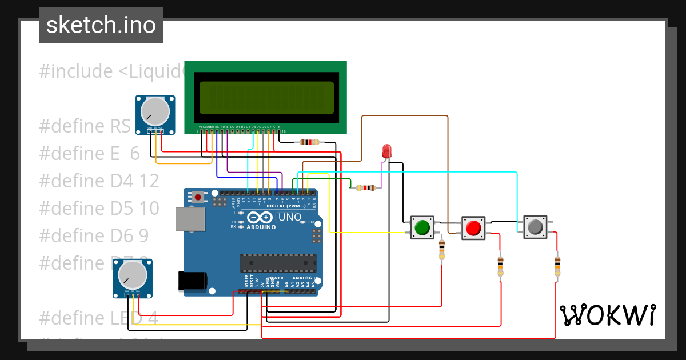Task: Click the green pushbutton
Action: click(x=422, y=227)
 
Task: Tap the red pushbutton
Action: click(x=473, y=228)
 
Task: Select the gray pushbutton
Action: click(x=535, y=227)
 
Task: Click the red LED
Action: click(x=386, y=151)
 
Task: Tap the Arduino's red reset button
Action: click(x=198, y=197)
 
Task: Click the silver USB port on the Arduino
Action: click(x=190, y=219)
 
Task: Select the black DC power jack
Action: click(x=193, y=281)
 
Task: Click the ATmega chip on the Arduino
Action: click(x=278, y=262)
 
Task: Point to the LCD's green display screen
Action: click(x=266, y=96)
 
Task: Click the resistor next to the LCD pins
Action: click(x=309, y=142)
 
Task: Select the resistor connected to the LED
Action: click(x=365, y=187)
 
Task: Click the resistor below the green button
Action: click(x=441, y=250)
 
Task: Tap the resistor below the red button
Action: click(x=501, y=265)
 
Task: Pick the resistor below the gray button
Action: click(x=557, y=266)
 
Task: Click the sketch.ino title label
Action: click(x=101, y=25)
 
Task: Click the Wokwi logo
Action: click(x=607, y=315)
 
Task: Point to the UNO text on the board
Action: click(x=289, y=218)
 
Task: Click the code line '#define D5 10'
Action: click(x=99, y=208)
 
